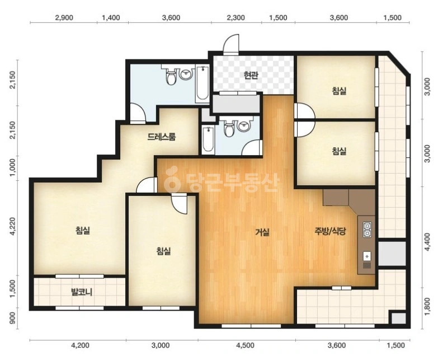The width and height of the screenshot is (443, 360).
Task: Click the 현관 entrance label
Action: point(251,75)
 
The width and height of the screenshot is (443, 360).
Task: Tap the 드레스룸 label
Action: point(162,137)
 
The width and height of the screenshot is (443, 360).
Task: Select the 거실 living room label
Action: point(262,232)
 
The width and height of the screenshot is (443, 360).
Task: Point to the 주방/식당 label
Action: point(330,232)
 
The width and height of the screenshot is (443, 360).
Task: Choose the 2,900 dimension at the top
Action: point(64,17)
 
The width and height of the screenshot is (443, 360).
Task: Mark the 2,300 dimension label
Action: point(236,17)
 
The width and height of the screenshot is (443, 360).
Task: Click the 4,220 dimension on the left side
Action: point(12,226)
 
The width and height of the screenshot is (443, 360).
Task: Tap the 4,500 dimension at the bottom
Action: point(245,345)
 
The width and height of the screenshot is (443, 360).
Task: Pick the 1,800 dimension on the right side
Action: point(428,306)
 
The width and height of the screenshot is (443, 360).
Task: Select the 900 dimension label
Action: point(12,319)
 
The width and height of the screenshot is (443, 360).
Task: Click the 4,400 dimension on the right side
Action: point(428,242)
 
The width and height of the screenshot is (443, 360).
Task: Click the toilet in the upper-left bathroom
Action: point(171,76)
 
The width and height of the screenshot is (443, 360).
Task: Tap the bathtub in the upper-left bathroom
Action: point(202,83)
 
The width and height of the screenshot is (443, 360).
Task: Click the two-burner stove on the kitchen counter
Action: point(367,230)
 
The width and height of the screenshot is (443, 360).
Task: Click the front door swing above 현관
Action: point(231,44)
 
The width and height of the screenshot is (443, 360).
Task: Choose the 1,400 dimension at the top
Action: point(111,17)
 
